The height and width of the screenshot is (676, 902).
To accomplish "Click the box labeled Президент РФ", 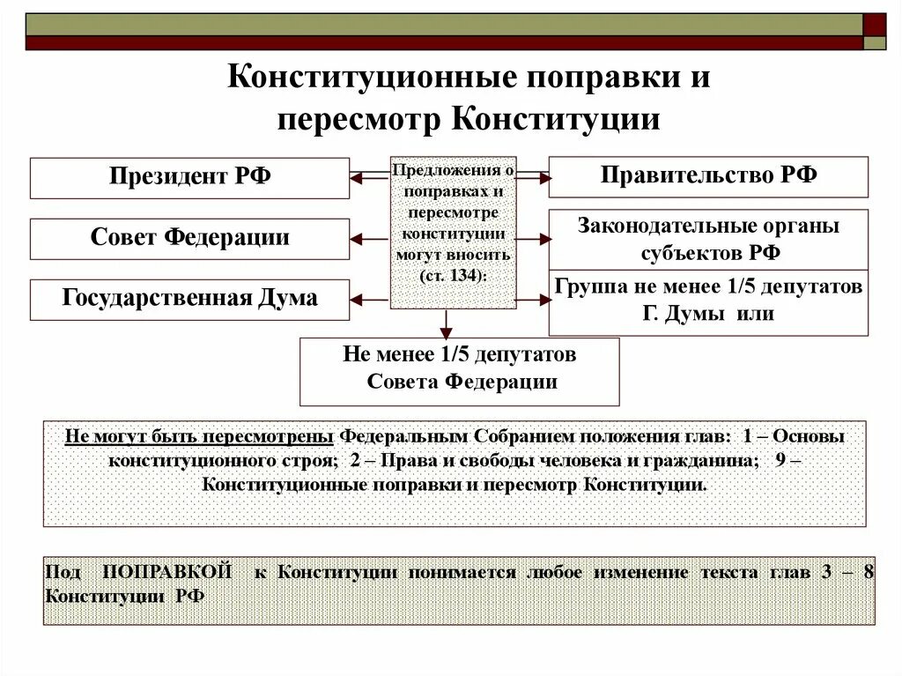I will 189,177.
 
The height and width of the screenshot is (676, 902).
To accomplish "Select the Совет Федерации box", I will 189,239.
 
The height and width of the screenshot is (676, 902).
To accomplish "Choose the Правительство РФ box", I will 708,176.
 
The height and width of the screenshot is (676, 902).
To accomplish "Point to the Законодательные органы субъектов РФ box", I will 708,239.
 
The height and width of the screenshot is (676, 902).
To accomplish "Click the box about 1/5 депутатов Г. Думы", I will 708,301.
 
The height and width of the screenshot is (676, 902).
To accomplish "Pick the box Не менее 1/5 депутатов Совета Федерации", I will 459,371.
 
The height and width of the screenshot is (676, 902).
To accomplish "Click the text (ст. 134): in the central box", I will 453,275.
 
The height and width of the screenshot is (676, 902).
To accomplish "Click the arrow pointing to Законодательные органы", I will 533,238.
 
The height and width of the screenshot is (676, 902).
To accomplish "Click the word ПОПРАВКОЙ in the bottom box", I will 167,572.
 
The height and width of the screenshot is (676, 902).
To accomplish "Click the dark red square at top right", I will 875,24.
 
